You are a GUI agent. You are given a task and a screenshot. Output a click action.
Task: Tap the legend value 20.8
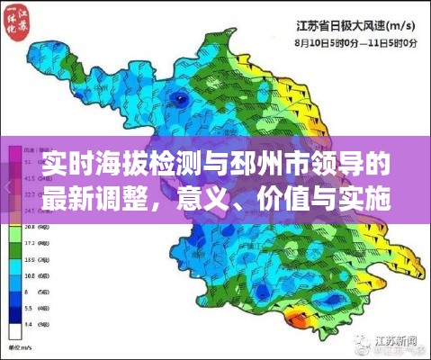[x=30, y=229]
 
